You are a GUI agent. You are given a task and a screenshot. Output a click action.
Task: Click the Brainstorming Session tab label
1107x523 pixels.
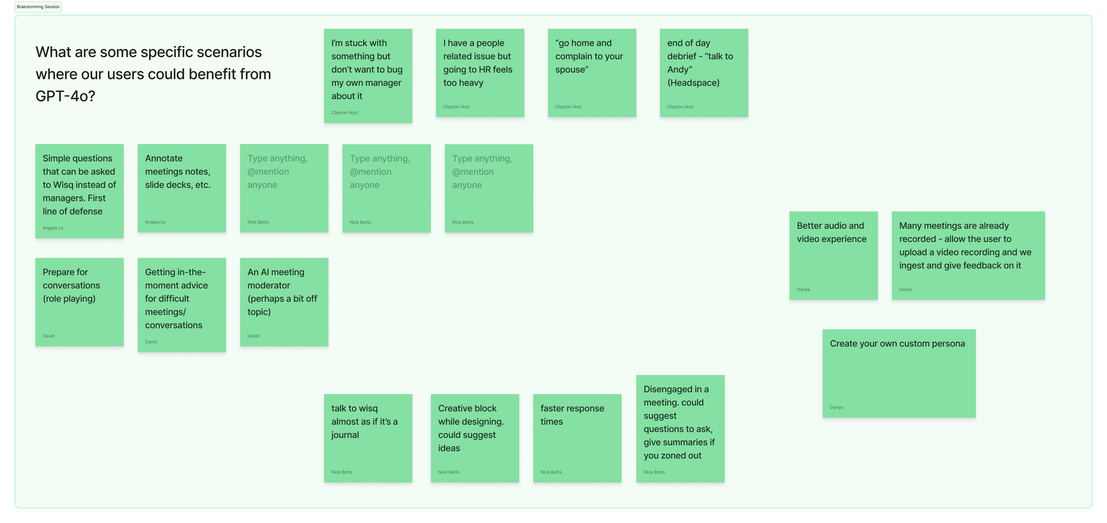coord(38,7)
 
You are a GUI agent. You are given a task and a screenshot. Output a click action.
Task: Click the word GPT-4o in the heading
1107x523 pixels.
coord(65,96)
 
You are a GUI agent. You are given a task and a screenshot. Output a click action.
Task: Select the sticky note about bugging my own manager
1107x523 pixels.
coord(368,76)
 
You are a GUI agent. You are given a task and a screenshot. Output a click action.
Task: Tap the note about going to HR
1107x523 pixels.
coord(479,73)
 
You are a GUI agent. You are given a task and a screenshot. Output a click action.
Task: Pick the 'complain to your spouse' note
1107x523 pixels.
coord(592,73)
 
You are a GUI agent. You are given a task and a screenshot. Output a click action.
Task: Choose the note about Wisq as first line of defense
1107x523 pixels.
coord(79,191)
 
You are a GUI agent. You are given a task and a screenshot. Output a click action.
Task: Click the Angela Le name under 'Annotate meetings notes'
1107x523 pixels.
coord(155,222)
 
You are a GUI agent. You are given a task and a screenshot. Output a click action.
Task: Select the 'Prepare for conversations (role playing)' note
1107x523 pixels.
coord(79,302)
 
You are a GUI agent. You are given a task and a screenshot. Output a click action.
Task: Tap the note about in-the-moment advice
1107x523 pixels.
coord(181,305)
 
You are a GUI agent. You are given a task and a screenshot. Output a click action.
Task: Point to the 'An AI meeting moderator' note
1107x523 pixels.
coord(284,302)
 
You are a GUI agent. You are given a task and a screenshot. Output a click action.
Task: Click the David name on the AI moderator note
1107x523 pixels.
coord(253,336)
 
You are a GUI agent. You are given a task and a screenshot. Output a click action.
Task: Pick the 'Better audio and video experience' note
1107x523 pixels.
coord(833,255)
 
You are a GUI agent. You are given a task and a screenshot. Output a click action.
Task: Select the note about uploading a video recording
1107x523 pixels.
coord(968,255)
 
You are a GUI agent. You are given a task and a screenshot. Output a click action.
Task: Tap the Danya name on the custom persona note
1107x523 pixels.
coord(836,407)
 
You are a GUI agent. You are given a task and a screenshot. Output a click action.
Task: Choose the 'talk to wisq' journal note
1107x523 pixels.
coord(368,438)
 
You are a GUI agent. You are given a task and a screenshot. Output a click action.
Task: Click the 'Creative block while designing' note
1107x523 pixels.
coord(474,438)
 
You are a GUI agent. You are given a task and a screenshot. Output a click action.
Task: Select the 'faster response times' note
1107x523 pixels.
coord(577,438)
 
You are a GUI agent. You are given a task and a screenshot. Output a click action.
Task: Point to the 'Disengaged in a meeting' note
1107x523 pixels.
coord(680,428)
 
